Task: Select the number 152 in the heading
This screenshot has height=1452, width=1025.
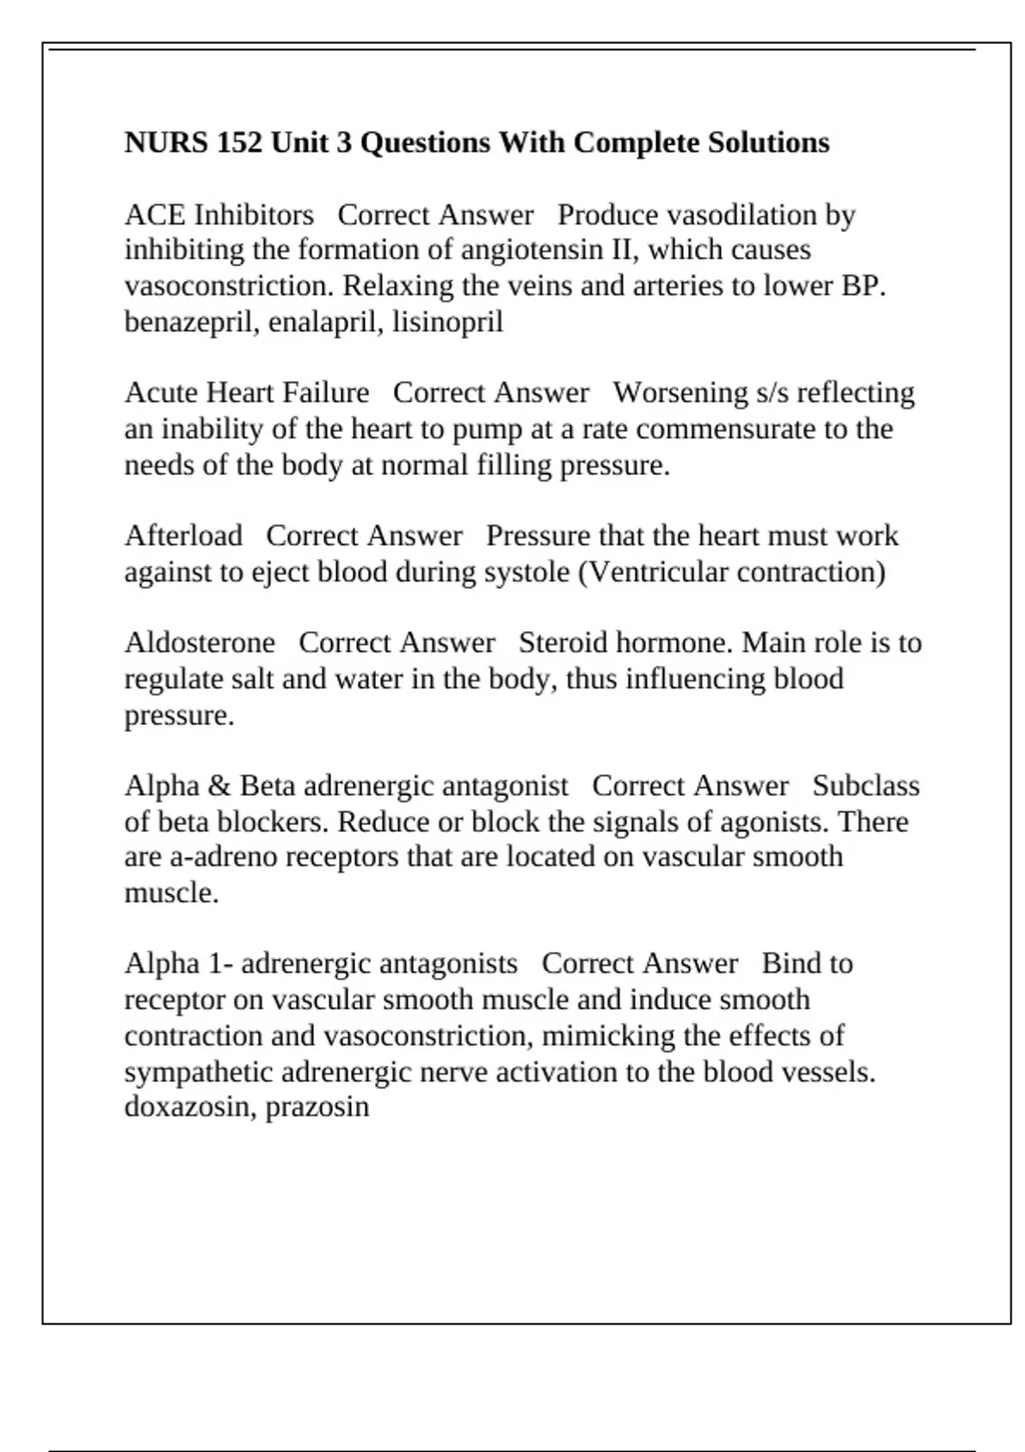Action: coord(240,143)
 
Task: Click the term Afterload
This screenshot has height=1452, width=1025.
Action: coord(183,536)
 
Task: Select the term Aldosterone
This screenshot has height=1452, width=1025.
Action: coord(200,642)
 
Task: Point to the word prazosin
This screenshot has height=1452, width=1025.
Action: coord(317,1107)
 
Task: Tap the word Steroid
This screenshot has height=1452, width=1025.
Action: coord(563,642)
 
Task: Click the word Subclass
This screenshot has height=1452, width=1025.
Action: coord(865,786)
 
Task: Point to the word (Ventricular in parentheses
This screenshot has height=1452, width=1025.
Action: coord(653,571)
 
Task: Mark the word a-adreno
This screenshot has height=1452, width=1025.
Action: coord(224,857)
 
